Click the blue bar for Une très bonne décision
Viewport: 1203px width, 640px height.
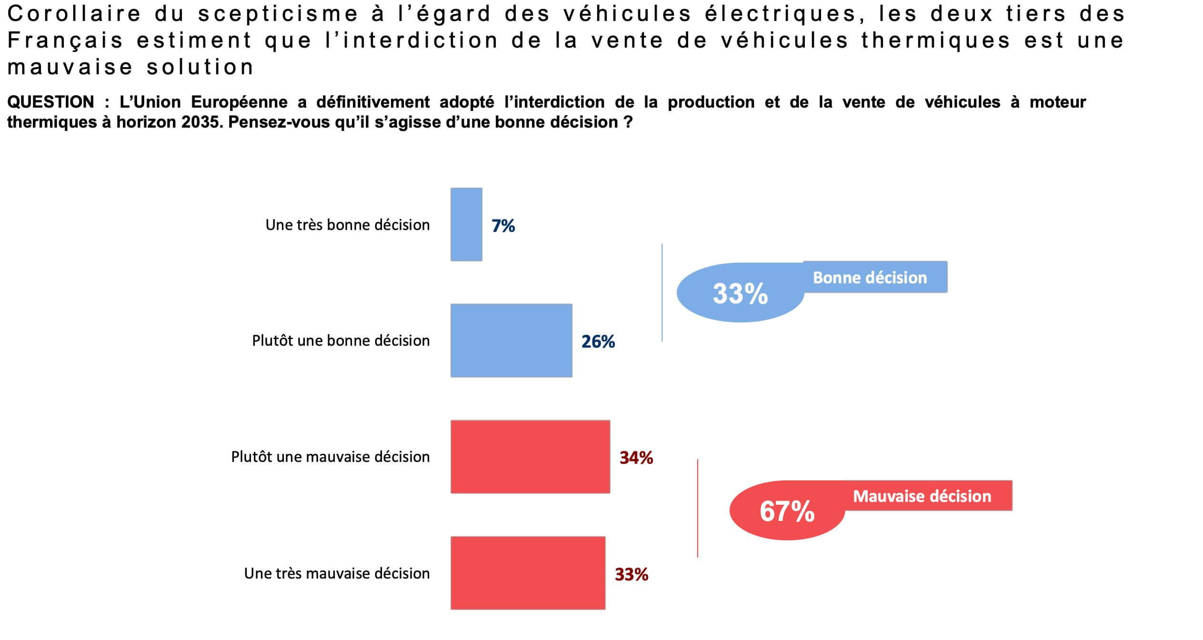coord(466,224)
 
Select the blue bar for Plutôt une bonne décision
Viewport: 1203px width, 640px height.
coord(511,340)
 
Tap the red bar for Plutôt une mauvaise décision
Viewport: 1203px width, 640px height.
coord(530,457)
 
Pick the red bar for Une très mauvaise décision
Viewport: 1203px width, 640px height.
coord(528,573)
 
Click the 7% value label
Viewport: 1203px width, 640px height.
coord(503,226)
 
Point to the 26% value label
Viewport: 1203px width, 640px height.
coord(598,341)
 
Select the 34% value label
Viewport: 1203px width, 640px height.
coord(636,458)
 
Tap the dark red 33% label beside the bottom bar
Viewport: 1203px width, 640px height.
coord(631,574)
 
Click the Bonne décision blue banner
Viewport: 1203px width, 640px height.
coord(874,277)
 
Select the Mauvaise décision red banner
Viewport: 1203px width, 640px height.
coord(927,496)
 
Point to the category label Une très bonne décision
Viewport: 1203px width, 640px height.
coord(347,225)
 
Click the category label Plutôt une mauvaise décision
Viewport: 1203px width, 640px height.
coord(330,457)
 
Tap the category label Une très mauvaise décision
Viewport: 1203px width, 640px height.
coord(337,573)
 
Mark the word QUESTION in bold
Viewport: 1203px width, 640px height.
coord(50,102)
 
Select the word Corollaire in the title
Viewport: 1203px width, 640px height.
coord(74,14)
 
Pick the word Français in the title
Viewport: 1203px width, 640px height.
coord(65,40)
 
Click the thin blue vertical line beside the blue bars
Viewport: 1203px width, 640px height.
coord(662,292)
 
